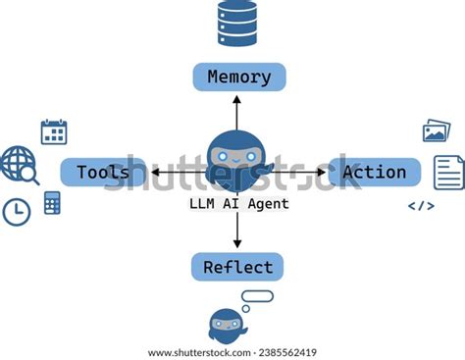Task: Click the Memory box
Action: (238, 77)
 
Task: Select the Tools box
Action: (103, 173)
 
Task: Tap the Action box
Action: (374, 173)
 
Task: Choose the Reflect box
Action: (237, 267)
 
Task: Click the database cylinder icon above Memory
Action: (237, 24)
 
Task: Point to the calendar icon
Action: (54, 131)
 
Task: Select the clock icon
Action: (17, 211)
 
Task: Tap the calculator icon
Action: (52, 203)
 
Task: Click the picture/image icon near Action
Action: (436, 130)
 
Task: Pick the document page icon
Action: (449, 173)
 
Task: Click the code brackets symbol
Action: (421, 206)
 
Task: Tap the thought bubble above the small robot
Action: (257, 296)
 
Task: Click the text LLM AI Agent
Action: (237, 204)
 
